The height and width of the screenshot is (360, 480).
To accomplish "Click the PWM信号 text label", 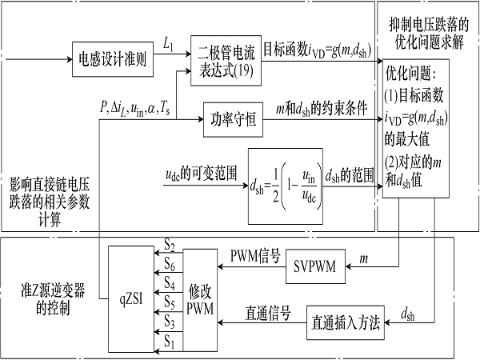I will click(x=254, y=256).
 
